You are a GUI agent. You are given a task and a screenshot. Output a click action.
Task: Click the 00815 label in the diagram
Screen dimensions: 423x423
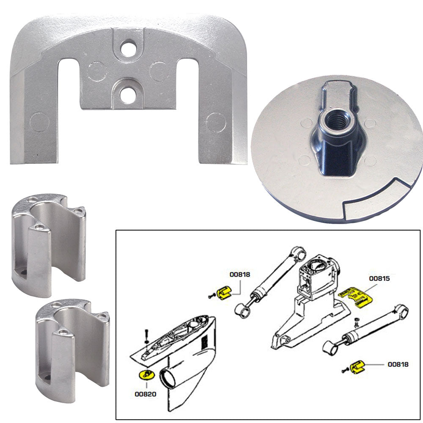(379, 279)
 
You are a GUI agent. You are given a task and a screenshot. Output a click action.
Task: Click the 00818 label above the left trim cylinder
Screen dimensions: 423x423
(240, 274)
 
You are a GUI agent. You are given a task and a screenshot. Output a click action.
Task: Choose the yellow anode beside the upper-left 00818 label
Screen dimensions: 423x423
(224, 292)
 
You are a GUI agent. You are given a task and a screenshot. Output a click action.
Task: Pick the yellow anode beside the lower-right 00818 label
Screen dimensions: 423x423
(358, 364)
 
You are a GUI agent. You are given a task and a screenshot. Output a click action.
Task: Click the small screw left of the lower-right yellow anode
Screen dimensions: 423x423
(345, 370)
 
